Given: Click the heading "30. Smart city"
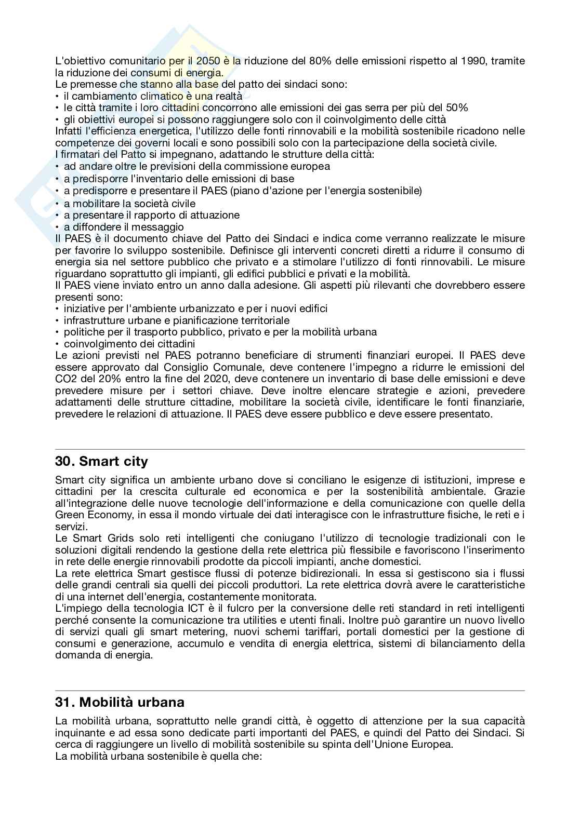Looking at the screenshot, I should pyautogui.click(x=101, y=462).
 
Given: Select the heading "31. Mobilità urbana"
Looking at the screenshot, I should pyautogui.click(x=120, y=702).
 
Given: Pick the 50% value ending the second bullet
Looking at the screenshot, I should pyautogui.click(x=457, y=107).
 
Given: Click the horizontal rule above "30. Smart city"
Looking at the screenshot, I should pyautogui.click(x=290, y=449).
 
